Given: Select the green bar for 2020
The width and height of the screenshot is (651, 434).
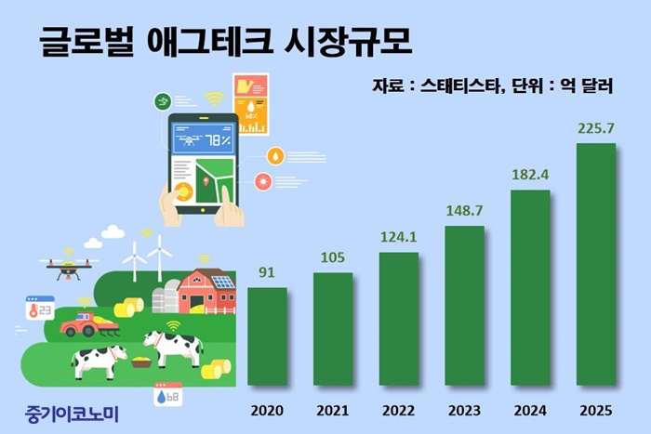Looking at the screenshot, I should (268, 335).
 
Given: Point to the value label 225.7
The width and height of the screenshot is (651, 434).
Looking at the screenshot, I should (595, 128).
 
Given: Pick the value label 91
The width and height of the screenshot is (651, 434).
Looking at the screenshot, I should (268, 272).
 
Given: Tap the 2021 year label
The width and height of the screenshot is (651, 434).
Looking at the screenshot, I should (333, 409).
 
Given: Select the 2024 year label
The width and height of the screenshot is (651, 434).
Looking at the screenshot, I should (530, 409).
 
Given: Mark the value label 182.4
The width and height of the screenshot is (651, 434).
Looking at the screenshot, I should (530, 174).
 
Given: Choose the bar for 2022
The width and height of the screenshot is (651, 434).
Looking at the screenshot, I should (399, 318).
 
